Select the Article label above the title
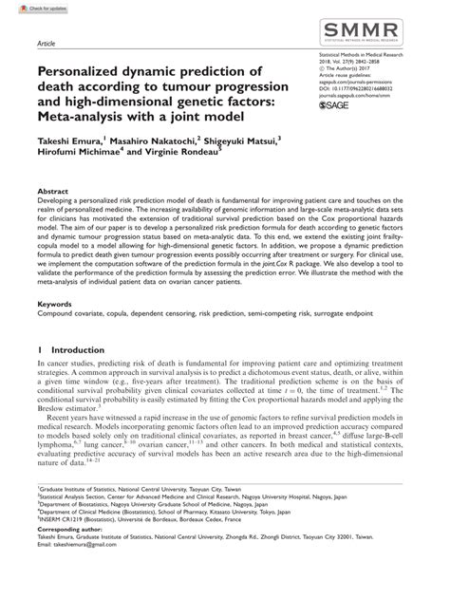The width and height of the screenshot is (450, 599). coord(47,44)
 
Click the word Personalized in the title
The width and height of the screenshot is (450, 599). coord(82,70)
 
